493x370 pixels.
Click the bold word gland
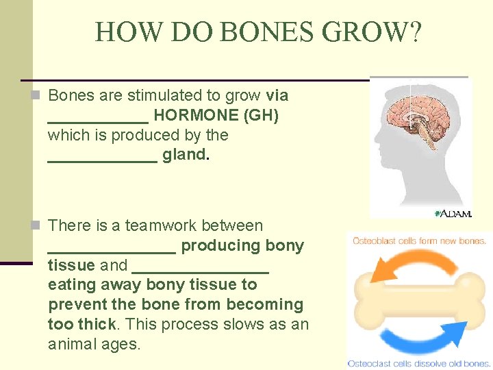pos(185,155)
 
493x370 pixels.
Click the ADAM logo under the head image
pos(453,214)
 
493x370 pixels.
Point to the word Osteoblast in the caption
pos(375,241)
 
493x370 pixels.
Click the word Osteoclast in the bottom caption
pos(371,363)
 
